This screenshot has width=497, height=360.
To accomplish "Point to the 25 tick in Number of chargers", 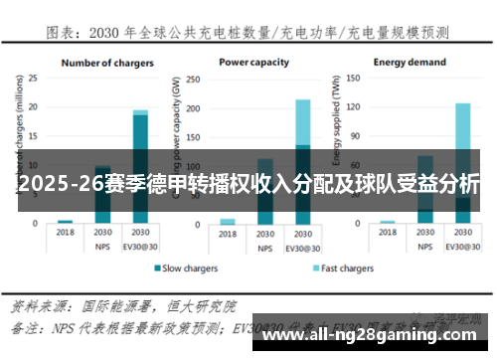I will coord(32,77).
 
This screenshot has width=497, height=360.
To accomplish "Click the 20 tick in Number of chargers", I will coord(32,106).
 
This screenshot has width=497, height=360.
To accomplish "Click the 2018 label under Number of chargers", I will coord(66,233).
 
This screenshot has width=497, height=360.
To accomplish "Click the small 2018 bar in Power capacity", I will coord(228,221).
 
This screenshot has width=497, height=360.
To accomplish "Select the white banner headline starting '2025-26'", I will coord(248,184).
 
